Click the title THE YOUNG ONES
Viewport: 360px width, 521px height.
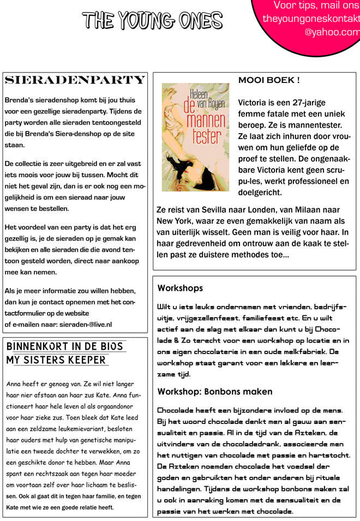pos(152,21)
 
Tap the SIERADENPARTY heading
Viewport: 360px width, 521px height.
pos(75,80)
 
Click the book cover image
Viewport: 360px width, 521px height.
pos(195,137)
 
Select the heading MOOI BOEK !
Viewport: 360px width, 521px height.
pos(269,80)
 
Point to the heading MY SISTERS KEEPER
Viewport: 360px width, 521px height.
pos(56,360)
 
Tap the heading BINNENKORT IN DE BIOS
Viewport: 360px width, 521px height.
pos(64,347)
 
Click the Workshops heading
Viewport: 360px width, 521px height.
pos(180,288)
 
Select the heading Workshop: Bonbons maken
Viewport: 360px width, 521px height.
pos(215,392)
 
